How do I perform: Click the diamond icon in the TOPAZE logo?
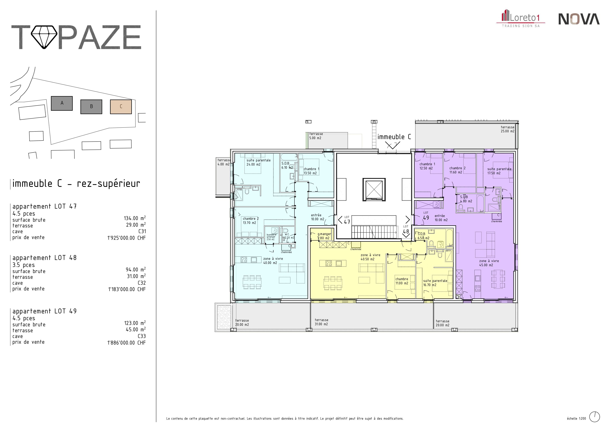(x=44, y=37)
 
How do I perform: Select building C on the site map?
(x=121, y=107)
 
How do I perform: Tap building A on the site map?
(x=62, y=103)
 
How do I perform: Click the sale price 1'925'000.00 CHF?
(x=126, y=238)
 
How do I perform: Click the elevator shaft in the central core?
(x=374, y=189)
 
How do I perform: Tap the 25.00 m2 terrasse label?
(x=507, y=129)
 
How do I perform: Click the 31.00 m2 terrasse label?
(x=321, y=322)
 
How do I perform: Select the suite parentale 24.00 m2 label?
(x=258, y=162)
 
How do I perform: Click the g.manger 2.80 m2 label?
(x=324, y=236)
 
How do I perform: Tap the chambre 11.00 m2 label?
(x=402, y=281)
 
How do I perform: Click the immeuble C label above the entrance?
(x=394, y=137)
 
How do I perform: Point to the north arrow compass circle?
(x=595, y=417)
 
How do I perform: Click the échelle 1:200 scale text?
(x=576, y=418)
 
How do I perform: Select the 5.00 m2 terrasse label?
(x=316, y=136)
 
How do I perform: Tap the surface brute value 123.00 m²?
(x=135, y=323)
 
